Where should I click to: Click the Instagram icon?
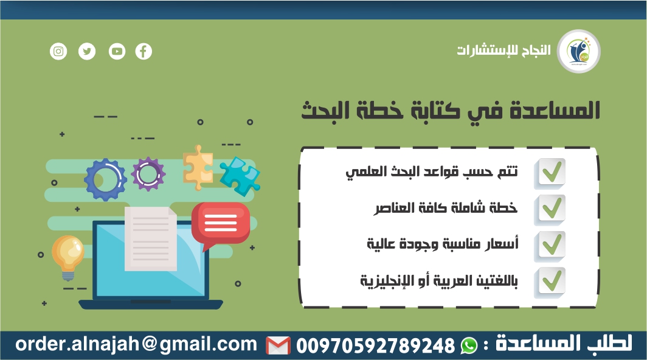[x=58, y=51]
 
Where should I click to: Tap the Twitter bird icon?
[x=87, y=51]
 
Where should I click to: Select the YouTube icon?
[x=116, y=51]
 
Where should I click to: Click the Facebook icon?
[x=144, y=51]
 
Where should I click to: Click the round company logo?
[x=579, y=51]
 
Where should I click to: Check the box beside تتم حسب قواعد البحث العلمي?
[x=550, y=173]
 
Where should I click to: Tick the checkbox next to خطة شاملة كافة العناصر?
[x=550, y=209]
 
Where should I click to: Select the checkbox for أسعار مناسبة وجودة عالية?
[x=550, y=245]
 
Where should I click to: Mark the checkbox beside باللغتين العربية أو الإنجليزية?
[x=550, y=282]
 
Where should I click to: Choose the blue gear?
[x=105, y=179]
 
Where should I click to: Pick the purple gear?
[x=148, y=174]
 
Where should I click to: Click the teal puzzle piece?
[x=239, y=176]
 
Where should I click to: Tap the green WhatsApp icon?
[x=469, y=345]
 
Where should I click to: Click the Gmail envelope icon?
[x=278, y=345]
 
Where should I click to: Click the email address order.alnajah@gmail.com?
[x=136, y=344]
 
